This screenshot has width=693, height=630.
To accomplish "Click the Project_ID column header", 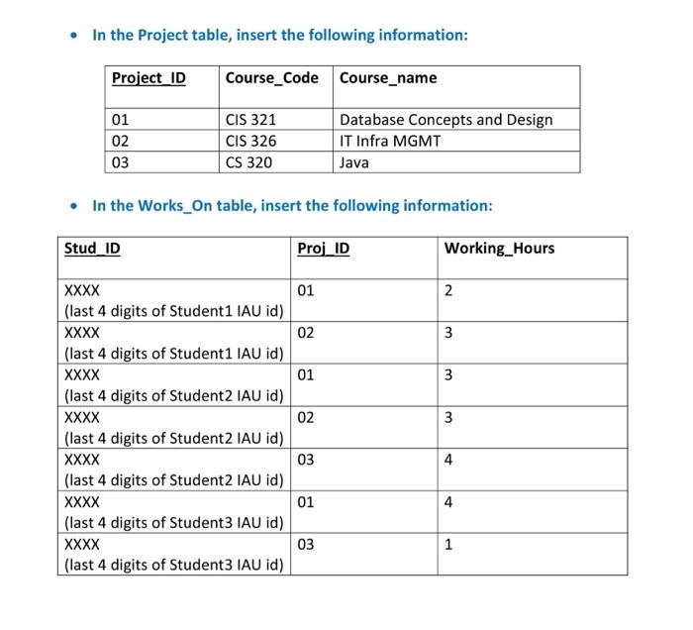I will coord(148,78).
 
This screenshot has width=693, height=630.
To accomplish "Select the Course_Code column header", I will coord(271,78).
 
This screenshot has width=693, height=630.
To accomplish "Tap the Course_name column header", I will coord(387,78).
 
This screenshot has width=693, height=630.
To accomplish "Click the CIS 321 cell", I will coord(250,120).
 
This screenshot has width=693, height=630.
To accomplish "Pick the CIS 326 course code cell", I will coord(250,141).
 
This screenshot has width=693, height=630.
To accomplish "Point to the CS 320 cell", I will coord(248,162).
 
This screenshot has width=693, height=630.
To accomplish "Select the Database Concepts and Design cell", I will coord(445,120).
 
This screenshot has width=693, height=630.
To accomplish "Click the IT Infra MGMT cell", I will coord(390,141).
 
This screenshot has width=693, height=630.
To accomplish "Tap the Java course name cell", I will coord(353,162).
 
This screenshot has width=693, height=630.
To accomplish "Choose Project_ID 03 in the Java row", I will coord(120,162).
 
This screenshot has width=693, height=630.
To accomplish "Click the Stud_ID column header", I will coord(92,248).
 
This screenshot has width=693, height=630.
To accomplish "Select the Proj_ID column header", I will coord(323,248).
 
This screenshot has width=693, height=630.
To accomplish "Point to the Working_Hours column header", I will coord(499,248).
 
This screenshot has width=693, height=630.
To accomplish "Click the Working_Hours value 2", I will coord(448,290).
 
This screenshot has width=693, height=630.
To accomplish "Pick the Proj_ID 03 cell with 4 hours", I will coord(306,460).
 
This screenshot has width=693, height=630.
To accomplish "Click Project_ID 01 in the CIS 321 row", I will coord(120,120).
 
